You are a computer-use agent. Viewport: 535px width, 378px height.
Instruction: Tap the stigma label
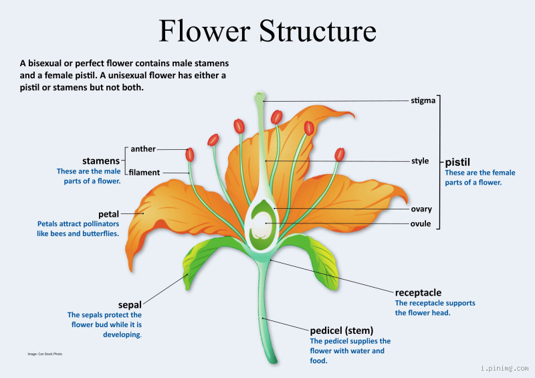coord(423,101)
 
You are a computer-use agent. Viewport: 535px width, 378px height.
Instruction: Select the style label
coord(420,161)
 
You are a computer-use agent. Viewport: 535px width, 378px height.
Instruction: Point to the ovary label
coord(421,209)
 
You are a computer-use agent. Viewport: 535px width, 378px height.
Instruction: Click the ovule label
coord(421,223)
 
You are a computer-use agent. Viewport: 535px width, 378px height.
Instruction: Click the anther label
coord(143,149)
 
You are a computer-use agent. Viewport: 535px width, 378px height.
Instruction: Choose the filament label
coord(144,173)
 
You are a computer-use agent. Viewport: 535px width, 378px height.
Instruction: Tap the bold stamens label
coord(100,161)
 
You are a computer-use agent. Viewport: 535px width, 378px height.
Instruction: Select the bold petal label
coord(108,214)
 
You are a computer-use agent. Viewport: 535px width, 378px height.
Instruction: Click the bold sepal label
coord(130,304)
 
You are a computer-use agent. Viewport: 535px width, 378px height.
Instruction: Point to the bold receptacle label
coord(418,292)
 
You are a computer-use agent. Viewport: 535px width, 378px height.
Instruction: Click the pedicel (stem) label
coord(341,330)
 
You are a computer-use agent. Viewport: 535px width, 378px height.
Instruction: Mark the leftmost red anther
coord(190,155)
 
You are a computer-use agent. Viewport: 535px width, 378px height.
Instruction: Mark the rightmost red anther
coord(339,155)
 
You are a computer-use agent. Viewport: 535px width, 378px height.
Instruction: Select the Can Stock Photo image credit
coord(49,353)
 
